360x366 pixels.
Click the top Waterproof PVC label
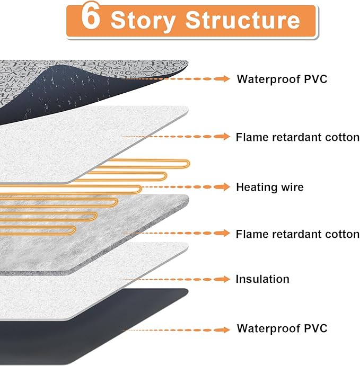point(282,79)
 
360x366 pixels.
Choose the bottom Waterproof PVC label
point(282,328)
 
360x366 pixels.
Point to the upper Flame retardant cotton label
point(297,137)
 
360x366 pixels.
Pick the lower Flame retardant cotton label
point(297,234)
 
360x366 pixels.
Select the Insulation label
point(262,279)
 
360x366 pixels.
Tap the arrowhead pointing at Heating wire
point(225,187)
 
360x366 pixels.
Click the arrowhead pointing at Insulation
point(225,279)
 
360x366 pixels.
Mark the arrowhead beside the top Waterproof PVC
point(225,79)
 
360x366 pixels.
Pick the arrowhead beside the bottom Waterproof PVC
point(225,329)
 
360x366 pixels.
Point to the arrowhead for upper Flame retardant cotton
point(225,137)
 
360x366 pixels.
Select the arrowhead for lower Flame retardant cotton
point(225,233)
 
